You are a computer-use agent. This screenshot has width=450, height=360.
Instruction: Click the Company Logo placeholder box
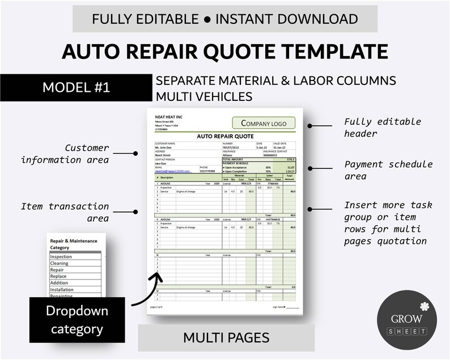click(x=264, y=123)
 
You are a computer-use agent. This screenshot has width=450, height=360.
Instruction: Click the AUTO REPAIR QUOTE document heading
click(x=226, y=136)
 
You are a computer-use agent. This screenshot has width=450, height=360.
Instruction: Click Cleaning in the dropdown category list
click(x=60, y=264)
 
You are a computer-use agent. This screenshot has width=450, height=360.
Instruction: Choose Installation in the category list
click(x=62, y=290)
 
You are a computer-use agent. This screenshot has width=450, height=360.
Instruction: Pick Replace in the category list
click(x=58, y=277)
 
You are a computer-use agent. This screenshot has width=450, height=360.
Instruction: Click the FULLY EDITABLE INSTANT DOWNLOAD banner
click(x=225, y=19)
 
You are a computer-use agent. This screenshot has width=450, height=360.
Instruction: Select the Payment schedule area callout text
click(x=389, y=171)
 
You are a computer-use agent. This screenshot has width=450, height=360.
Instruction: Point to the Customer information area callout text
click(x=65, y=154)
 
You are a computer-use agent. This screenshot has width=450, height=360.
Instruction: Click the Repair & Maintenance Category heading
click(x=74, y=244)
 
